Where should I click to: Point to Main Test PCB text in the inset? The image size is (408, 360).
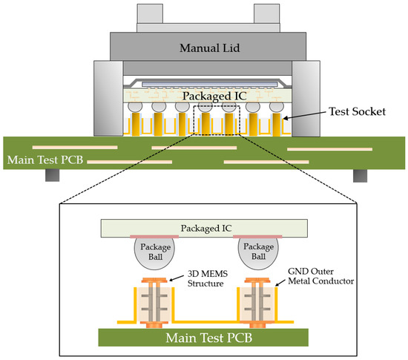click(203, 339)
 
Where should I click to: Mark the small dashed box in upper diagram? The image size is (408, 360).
click(217, 120)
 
